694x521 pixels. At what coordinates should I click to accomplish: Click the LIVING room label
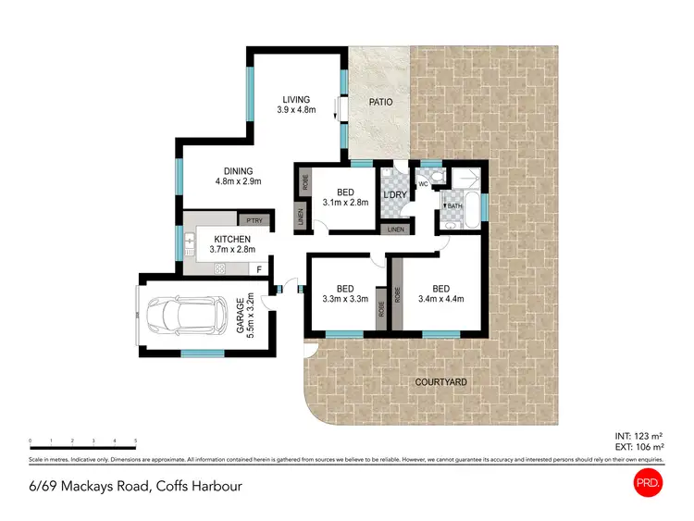(297, 105)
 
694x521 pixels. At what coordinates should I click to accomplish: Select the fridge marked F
(260, 269)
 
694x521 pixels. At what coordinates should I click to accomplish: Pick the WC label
(423, 183)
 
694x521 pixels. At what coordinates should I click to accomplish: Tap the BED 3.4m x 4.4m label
(440, 292)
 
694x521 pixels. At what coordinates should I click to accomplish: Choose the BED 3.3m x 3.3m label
(345, 292)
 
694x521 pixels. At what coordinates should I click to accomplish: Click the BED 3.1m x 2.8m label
(345, 196)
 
